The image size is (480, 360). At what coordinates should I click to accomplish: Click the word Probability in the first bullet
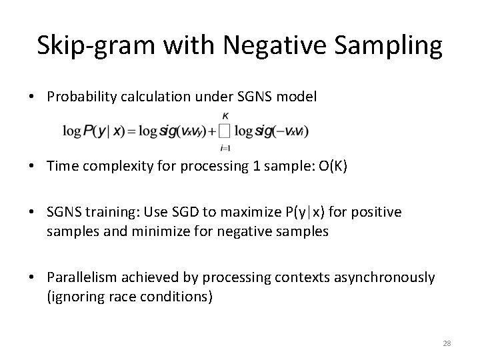(83, 97)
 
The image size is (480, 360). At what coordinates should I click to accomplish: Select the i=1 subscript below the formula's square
(224, 147)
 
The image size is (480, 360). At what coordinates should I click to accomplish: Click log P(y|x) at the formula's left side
(91, 131)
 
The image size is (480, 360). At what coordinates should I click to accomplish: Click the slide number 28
(447, 343)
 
